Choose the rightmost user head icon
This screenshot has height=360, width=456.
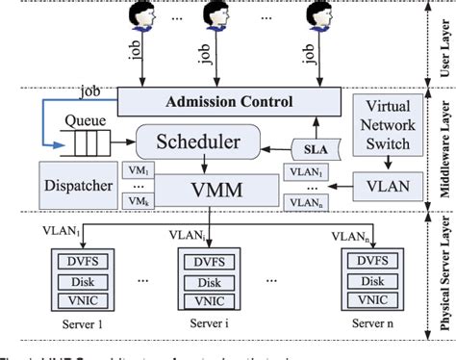pyautogui.click(x=320, y=16)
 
